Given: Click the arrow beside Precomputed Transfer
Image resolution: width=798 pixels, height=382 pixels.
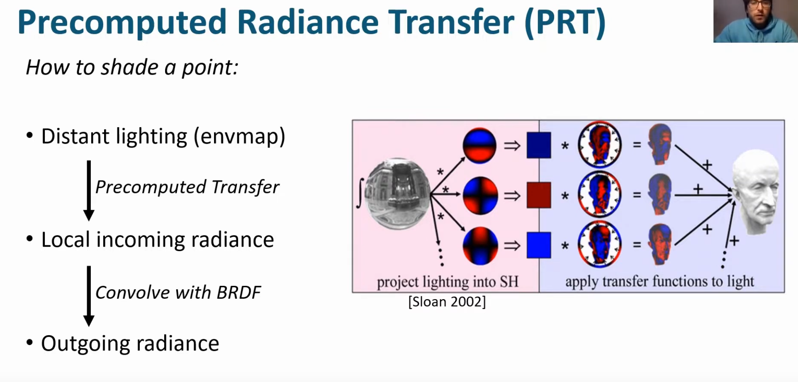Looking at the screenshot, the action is point(89,191).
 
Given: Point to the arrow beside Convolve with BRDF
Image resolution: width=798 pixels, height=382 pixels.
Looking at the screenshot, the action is point(89,296).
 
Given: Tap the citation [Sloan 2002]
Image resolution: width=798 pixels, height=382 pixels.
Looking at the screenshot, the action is point(447,302).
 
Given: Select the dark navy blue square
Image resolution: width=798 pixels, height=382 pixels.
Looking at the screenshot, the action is point(539,145).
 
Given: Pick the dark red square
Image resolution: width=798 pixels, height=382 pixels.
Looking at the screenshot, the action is point(539,195).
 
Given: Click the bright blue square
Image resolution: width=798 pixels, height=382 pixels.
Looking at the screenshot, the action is point(539,245).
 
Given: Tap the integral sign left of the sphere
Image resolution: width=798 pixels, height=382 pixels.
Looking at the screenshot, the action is point(360,193).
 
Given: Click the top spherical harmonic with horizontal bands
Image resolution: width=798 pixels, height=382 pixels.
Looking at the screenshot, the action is point(480,145).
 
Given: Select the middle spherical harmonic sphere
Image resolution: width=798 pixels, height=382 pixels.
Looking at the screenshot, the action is point(480,195).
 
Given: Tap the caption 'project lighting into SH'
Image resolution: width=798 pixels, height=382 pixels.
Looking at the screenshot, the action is point(448,282).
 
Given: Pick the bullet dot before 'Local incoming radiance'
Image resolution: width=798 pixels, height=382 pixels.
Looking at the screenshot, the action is point(29,239).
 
